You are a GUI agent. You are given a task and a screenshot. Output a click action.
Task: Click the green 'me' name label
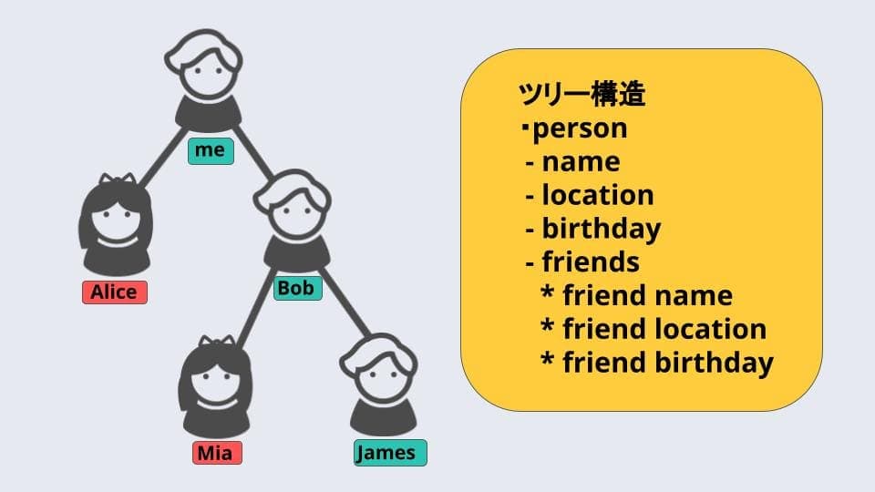pyautogui.click(x=211, y=150)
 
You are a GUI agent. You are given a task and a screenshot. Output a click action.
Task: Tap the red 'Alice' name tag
pyautogui.click(x=115, y=292)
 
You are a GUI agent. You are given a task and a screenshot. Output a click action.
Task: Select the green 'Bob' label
pyautogui.click(x=297, y=289)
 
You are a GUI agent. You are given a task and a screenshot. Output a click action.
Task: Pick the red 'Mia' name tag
pyautogui.click(x=217, y=453)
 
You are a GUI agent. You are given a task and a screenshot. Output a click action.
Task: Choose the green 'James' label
pyautogui.click(x=390, y=453)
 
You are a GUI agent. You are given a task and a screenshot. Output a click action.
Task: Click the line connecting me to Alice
pyautogui.click(x=162, y=158)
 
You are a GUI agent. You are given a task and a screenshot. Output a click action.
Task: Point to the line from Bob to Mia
pyautogui.click(x=255, y=308)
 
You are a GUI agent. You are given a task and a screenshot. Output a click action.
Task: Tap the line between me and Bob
pyautogui.click(x=253, y=152)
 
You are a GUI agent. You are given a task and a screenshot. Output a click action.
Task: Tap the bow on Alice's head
pyautogui.click(x=118, y=179)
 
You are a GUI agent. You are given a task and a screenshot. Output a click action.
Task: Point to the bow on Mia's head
pyautogui.click(x=217, y=341)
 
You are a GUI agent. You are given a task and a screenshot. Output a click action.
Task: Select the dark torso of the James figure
pyautogui.click(x=384, y=418)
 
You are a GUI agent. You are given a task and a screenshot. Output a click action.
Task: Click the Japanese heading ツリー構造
pyautogui.click(x=582, y=94)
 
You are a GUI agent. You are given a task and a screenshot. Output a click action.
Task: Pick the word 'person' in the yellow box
pyautogui.click(x=581, y=128)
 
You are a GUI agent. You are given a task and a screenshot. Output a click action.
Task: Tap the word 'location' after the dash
pyautogui.click(x=598, y=195)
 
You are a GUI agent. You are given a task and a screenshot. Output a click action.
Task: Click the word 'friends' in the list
pyautogui.click(x=591, y=262)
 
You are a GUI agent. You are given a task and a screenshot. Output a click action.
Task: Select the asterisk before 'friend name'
pyautogui.click(x=548, y=292)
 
